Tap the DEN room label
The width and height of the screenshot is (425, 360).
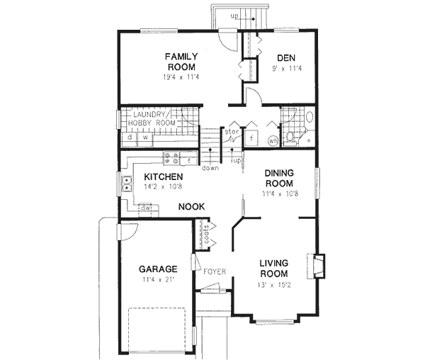tap(285, 58)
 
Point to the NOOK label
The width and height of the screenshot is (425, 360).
tap(191, 206)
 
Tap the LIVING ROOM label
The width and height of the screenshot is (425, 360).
tap(272, 268)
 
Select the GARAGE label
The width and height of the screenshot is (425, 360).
tap(157, 269)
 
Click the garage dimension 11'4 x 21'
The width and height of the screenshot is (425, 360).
tap(157, 280)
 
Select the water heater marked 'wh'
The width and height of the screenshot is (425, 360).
tap(273, 140)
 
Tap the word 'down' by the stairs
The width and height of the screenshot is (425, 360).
tap(210, 168)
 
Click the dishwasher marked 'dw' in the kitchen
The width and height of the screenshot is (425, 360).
tap(145, 208)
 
